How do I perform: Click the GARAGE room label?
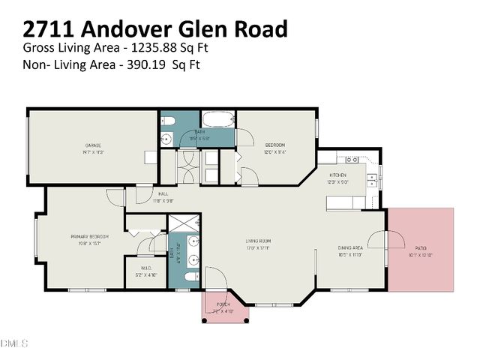coord(93,145)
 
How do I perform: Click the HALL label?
coord(163,193)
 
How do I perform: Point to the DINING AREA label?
coord(351,248)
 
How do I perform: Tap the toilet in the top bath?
coord(168,121)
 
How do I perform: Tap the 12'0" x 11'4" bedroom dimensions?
coord(275,151)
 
